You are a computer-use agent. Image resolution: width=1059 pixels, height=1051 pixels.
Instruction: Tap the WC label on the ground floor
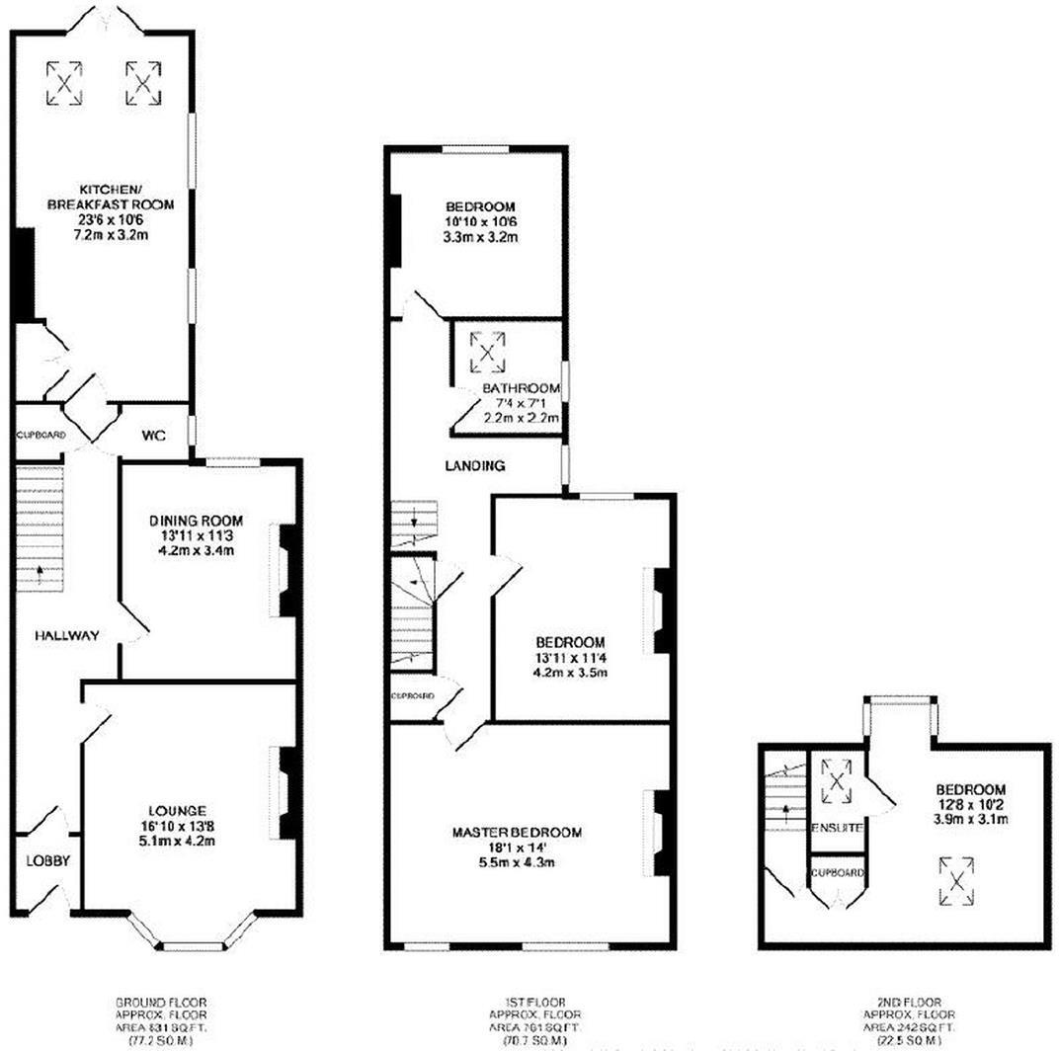click(x=153, y=434)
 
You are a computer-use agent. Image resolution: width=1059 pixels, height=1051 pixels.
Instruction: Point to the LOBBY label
click(x=47, y=861)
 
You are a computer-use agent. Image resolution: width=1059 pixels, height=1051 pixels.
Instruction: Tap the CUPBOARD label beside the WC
click(x=41, y=435)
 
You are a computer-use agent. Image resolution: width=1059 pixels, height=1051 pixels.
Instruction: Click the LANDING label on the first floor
click(x=474, y=465)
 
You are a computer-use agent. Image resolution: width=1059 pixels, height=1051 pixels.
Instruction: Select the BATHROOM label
click(x=521, y=388)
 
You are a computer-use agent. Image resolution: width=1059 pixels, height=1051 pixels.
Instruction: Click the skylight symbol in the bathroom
click(x=485, y=349)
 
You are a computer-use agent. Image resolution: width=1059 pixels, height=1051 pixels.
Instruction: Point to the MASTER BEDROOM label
click(x=517, y=833)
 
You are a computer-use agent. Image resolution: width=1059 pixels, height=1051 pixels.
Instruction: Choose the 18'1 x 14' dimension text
click(x=517, y=849)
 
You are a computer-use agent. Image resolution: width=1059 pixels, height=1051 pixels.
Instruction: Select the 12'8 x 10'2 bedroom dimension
click(x=970, y=805)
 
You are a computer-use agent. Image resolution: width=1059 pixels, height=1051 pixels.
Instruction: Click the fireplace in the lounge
click(x=285, y=793)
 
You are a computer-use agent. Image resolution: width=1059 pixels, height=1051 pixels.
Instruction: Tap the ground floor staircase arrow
click(x=41, y=571)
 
